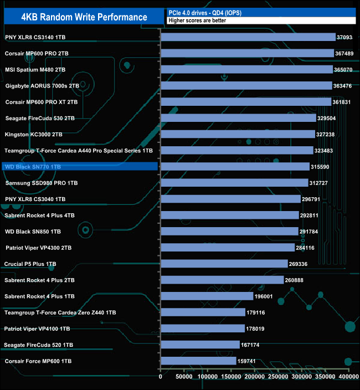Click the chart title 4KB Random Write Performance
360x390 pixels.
84,17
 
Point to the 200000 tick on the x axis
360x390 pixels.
254,377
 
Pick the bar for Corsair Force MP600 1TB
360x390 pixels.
198,361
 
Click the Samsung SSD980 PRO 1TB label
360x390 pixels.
42,183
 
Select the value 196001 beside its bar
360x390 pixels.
266,296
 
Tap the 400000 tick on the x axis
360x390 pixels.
348,377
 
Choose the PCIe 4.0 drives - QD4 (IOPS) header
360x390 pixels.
205,12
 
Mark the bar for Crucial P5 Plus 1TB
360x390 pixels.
224,264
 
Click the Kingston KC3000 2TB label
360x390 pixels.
33,134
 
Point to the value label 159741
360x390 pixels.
249,361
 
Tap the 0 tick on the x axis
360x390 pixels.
161,377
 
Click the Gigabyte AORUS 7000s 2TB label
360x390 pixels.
42,86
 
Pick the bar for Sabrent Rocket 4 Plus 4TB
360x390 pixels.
229,215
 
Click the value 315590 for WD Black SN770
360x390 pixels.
324,167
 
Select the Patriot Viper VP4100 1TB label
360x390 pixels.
37,329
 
